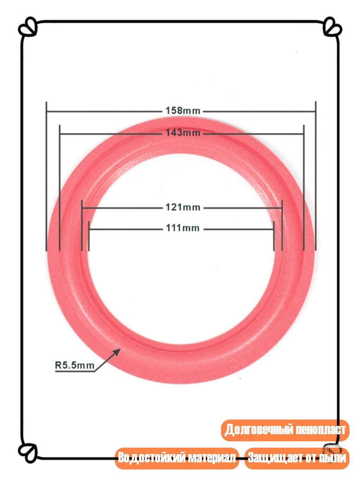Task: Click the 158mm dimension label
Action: pyautogui.click(x=183, y=111)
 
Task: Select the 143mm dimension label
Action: pyautogui.click(x=183, y=132)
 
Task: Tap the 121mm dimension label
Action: pyautogui.click(x=183, y=207)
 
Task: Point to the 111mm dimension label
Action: pyautogui.click(x=183, y=228)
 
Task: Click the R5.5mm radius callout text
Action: pyautogui.click(x=75, y=365)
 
